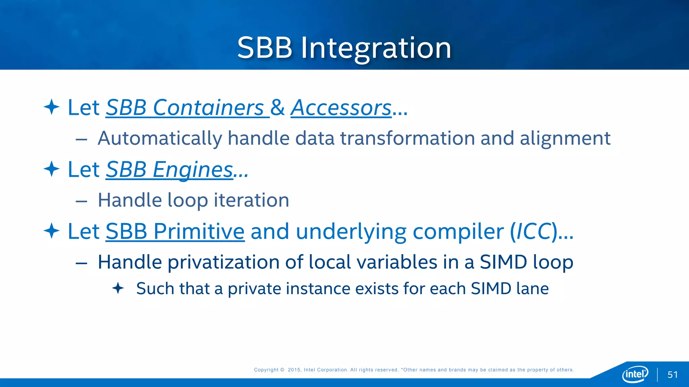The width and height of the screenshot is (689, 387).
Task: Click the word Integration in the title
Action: [x=376, y=48]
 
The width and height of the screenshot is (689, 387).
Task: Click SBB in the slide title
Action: [x=265, y=48]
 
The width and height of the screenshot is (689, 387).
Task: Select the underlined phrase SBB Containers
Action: [x=185, y=108]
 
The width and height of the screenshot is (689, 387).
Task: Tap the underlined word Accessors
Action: [x=341, y=108]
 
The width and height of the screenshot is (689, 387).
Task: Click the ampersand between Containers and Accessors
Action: [x=278, y=108]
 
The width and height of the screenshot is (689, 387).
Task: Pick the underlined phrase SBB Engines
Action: [x=169, y=170]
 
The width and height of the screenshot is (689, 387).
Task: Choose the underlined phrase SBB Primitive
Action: [x=175, y=231]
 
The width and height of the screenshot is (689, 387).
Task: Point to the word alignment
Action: [x=565, y=138]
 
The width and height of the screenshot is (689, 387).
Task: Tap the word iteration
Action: [x=251, y=200]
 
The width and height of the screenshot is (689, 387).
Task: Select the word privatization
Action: [x=223, y=262]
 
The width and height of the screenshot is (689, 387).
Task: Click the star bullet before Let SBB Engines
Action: [x=51, y=169]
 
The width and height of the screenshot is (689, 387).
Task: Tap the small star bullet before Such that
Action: [x=118, y=288]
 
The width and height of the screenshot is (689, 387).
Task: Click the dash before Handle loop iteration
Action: [x=81, y=201]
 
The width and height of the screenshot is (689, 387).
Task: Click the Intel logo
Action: [x=635, y=374]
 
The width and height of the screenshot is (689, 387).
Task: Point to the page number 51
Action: [x=673, y=375]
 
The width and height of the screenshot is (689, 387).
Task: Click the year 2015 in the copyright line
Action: [x=294, y=370]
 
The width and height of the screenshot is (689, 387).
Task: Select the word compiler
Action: [x=458, y=231]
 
